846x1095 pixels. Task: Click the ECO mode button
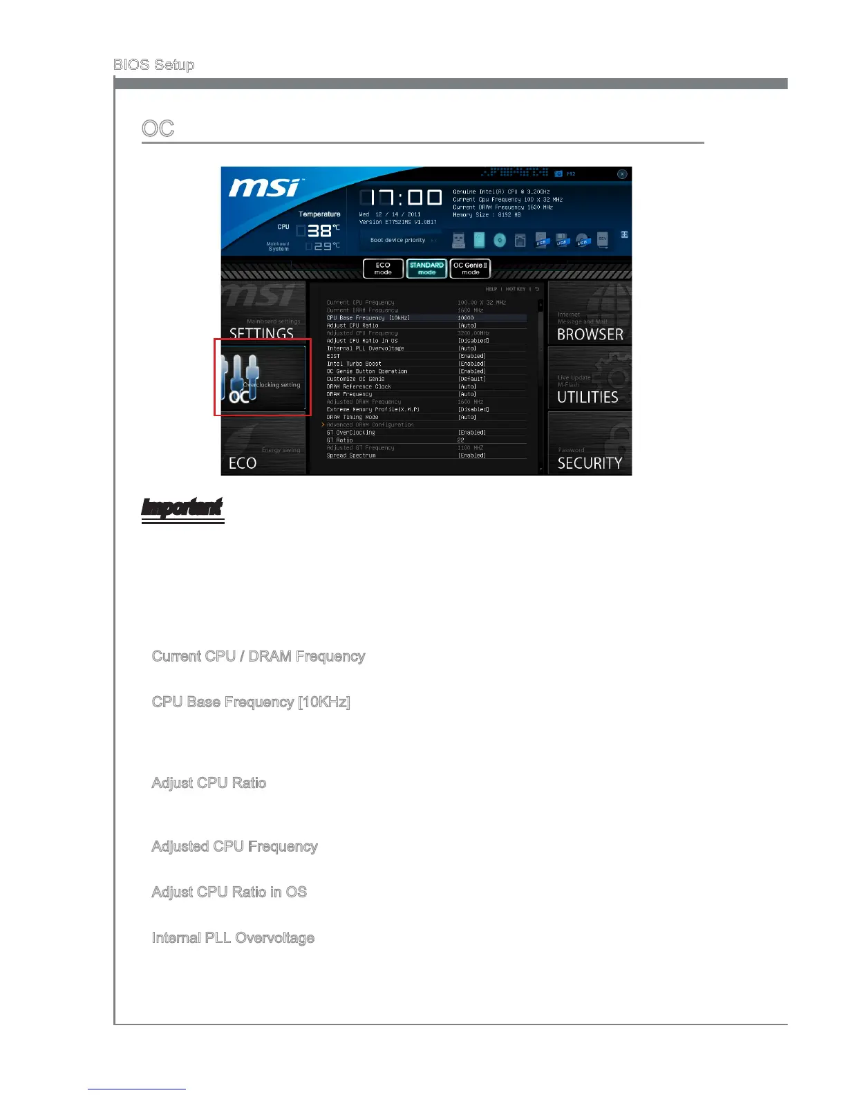tap(383, 268)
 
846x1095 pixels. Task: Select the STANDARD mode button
tap(426, 268)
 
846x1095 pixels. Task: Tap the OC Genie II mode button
tap(470, 268)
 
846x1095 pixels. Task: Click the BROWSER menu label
tap(590, 335)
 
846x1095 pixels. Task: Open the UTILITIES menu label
tap(587, 397)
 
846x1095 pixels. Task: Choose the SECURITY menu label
tap(590, 463)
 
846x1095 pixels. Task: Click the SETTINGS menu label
tap(261, 334)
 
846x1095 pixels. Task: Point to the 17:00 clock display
tap(401, 198)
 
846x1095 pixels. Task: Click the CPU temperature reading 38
tap(319, 231)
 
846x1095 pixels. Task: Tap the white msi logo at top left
tap(265, 187)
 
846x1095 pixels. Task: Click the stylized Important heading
tap(182, 509)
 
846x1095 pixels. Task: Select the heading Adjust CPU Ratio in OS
tap(229, 892)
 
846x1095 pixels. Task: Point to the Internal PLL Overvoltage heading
tap(233, 937)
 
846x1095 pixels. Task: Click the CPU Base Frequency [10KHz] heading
tap(251, 702)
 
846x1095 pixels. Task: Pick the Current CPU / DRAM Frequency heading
tap(258, 656)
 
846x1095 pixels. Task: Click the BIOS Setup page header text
tap(153, 64)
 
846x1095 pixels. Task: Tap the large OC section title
tap(158, 129)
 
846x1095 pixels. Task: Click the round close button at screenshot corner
tap(622, 174)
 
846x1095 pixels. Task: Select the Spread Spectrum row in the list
tap(351, 456)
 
